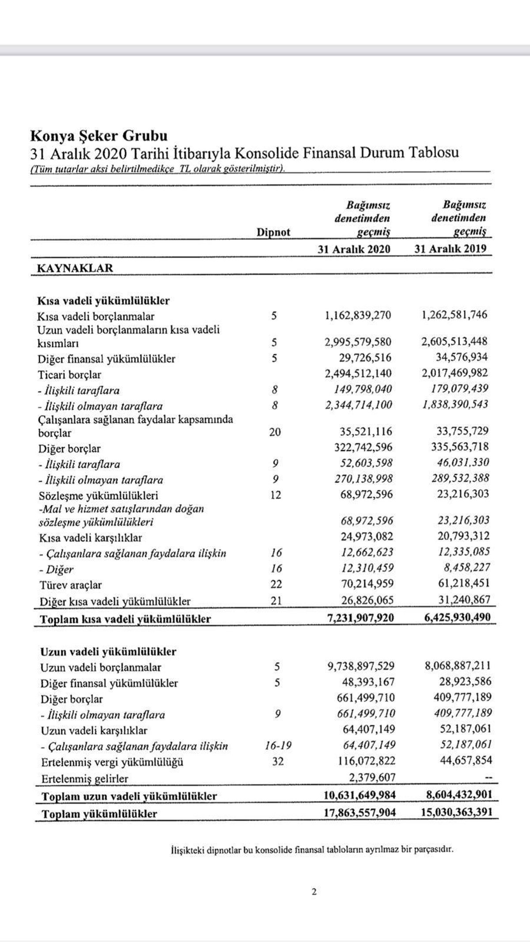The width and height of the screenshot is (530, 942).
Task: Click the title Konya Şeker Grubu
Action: click(x=98, y=135)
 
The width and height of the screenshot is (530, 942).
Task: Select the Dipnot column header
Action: click(x=273, y=232)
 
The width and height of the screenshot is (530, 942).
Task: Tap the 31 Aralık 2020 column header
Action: click(x=354, y=249)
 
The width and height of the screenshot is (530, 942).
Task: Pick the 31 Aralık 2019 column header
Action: click(x=450, y=249)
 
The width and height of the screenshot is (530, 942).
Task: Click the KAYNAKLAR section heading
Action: click(x=75, y=268)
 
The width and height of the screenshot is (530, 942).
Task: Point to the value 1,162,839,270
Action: click(x=358, y=315)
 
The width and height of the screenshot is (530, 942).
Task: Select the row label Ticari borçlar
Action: click(x=69, y=375)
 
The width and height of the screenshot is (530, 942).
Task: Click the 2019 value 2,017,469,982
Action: click(x=454, y=373)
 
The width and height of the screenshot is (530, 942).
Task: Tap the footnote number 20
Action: click(x=275, y=432)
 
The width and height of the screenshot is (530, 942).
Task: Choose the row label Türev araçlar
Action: click(x=71, y=585)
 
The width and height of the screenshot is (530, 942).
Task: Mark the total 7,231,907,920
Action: click(x=359, y=617)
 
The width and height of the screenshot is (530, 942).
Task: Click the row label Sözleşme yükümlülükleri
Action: click(x=98, y=495)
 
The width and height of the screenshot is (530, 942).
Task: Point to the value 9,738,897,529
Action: click(x=361, y=666)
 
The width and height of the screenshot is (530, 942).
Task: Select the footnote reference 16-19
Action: click(x=277, y=746)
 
